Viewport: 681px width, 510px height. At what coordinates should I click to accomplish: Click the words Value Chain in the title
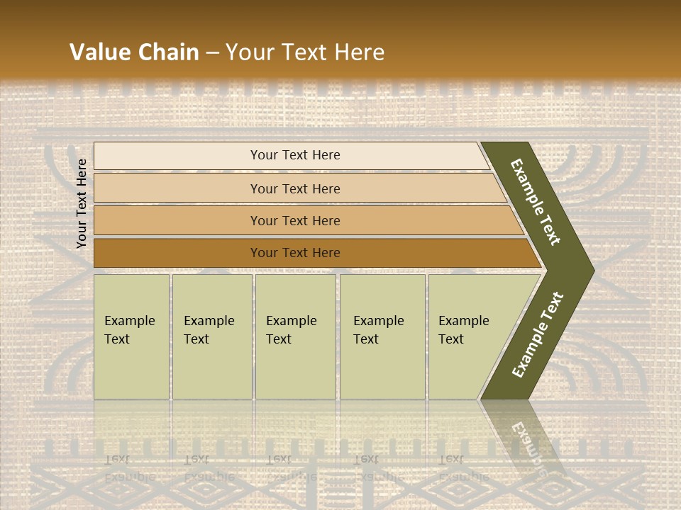click(x=134, y=52)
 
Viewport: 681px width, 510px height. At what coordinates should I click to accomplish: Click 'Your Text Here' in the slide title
click(x=305, y=52)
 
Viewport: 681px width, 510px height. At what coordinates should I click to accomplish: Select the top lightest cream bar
click(x=177, y=156)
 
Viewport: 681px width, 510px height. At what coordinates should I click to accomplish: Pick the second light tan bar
click(x=177, y=188)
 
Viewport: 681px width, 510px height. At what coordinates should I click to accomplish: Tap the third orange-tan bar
click(x=177, y=221)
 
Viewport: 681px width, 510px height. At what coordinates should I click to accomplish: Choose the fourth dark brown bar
click(x=177, y=253)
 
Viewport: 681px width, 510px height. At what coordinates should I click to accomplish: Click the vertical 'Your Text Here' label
click(x=82, y=204)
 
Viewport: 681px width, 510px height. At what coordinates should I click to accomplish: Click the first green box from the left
click(x=131, y=336)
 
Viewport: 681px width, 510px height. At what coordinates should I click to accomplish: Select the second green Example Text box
click(x=211, y=336)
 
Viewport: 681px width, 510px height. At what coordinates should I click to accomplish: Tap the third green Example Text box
click(x=295, y=336)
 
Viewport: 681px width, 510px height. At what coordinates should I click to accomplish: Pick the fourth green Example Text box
click(x=382, y=336)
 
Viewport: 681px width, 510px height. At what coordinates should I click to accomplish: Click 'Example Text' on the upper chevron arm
click(x=536, y=202)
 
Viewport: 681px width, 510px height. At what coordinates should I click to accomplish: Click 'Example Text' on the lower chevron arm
click(x=538, y=334)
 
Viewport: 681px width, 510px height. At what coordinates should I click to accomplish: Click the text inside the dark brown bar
click(x=295, y=253)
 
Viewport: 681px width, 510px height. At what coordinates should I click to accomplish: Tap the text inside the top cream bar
click(x=295, y=155)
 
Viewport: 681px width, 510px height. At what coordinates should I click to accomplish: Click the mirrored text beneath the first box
click(x=129, y=467)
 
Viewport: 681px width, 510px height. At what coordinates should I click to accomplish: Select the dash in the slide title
click(x=212, y=53)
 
